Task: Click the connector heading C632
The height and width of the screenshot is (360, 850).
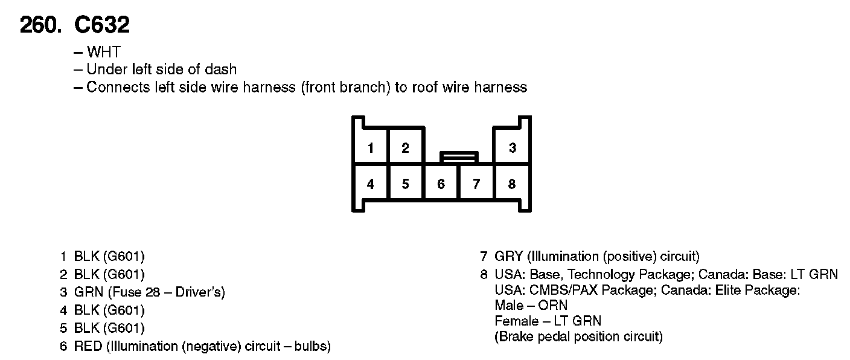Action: (101, 25)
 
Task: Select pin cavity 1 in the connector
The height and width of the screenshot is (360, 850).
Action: (370, 148)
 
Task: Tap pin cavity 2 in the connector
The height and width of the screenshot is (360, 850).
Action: (406, 148)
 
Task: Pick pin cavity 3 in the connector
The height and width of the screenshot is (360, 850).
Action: (512, 148)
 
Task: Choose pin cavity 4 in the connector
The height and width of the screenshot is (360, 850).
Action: (370, 184)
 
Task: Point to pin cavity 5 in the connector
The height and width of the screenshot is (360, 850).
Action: (406, 184)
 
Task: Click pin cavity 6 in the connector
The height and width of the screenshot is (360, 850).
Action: (441, 184)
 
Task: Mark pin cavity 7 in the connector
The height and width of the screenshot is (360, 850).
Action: (476, 184)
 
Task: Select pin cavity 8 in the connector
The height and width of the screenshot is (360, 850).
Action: (512, 184)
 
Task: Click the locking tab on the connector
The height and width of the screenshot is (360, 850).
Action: (459, 157)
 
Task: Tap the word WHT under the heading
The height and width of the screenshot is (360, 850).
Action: (103, 53)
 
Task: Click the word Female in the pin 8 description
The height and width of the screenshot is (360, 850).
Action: (516, 321)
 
